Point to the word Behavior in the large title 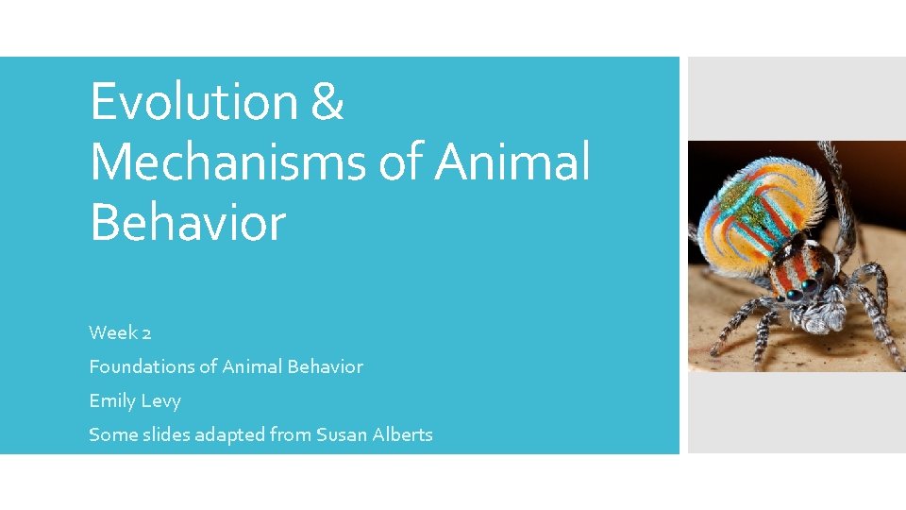coord(187,223)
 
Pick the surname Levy coord(160,401)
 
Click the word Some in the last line coord(109,434)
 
